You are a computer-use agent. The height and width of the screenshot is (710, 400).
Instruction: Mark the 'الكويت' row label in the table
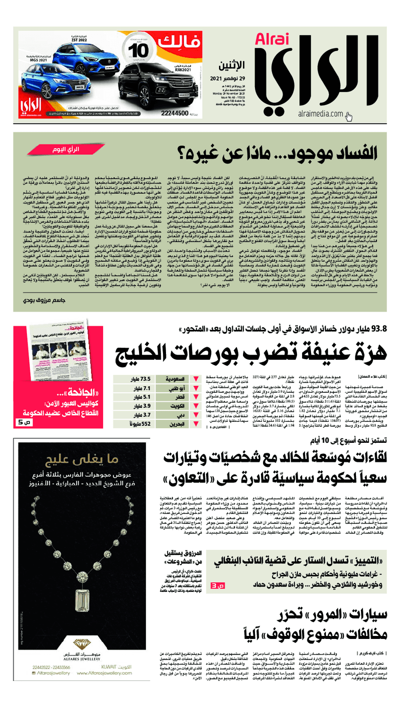pyautogui.click(x=177, y=406)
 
